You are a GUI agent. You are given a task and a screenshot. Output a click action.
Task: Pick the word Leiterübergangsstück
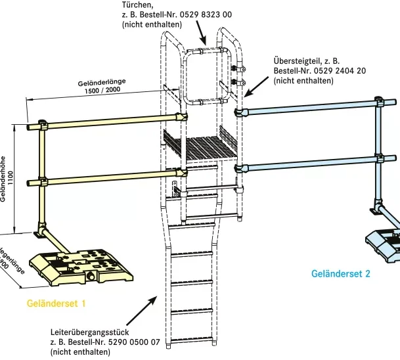[90, 332]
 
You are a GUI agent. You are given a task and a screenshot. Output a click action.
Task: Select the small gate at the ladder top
[206, 76]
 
